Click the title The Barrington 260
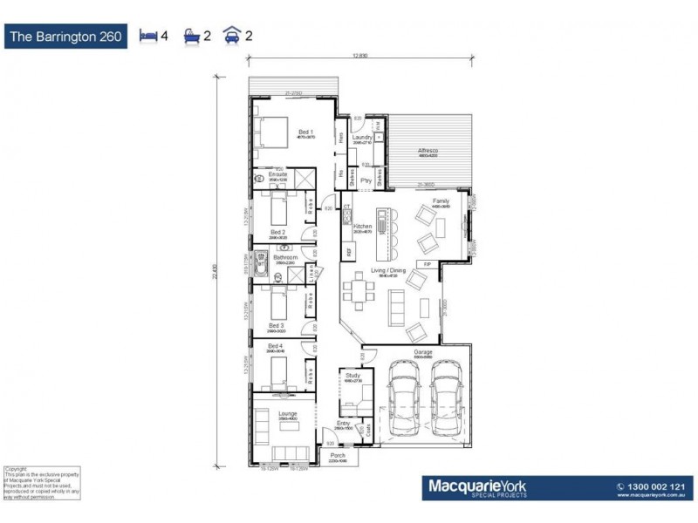pyautogui.click(x=70, y=37)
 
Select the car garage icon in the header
pyautogui.click(x=232, y=37)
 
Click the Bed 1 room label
pyautogui.click(x=305, y=132)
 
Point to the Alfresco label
pyautogui.click(x=428, y=151)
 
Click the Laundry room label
pyautogui.click(x=362, y=138)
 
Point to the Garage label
pyautogui.click(x=422, y=353)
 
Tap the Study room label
pyautogui.click(x=352, y=376)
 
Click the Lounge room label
pyautogui.click(x=288, y=414)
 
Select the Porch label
pyautogui.click(x=338, y=455)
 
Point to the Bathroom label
pyautogui.click(x=286, y=258)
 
